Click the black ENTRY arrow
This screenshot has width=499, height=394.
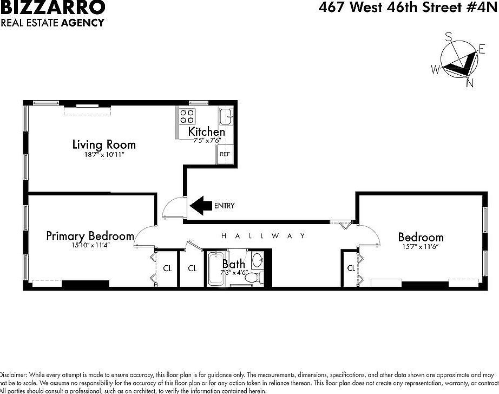coord(200,206)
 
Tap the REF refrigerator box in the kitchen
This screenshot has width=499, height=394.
coord(225,154)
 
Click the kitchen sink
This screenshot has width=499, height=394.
coord(226,115)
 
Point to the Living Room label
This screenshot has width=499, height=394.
coord(104,145)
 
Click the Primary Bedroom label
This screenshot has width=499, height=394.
coord(90,236)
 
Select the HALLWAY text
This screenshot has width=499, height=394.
coord(264,236)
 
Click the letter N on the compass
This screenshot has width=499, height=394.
coord(470,83)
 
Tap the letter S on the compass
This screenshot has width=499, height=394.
coord(449,37)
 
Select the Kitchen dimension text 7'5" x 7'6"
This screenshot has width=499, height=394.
coord(206,140)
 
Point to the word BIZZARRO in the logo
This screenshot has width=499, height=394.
coord(53,8)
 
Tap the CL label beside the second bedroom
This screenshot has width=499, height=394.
coord(351,268)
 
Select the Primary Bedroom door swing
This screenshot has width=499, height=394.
coord(144,236)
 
